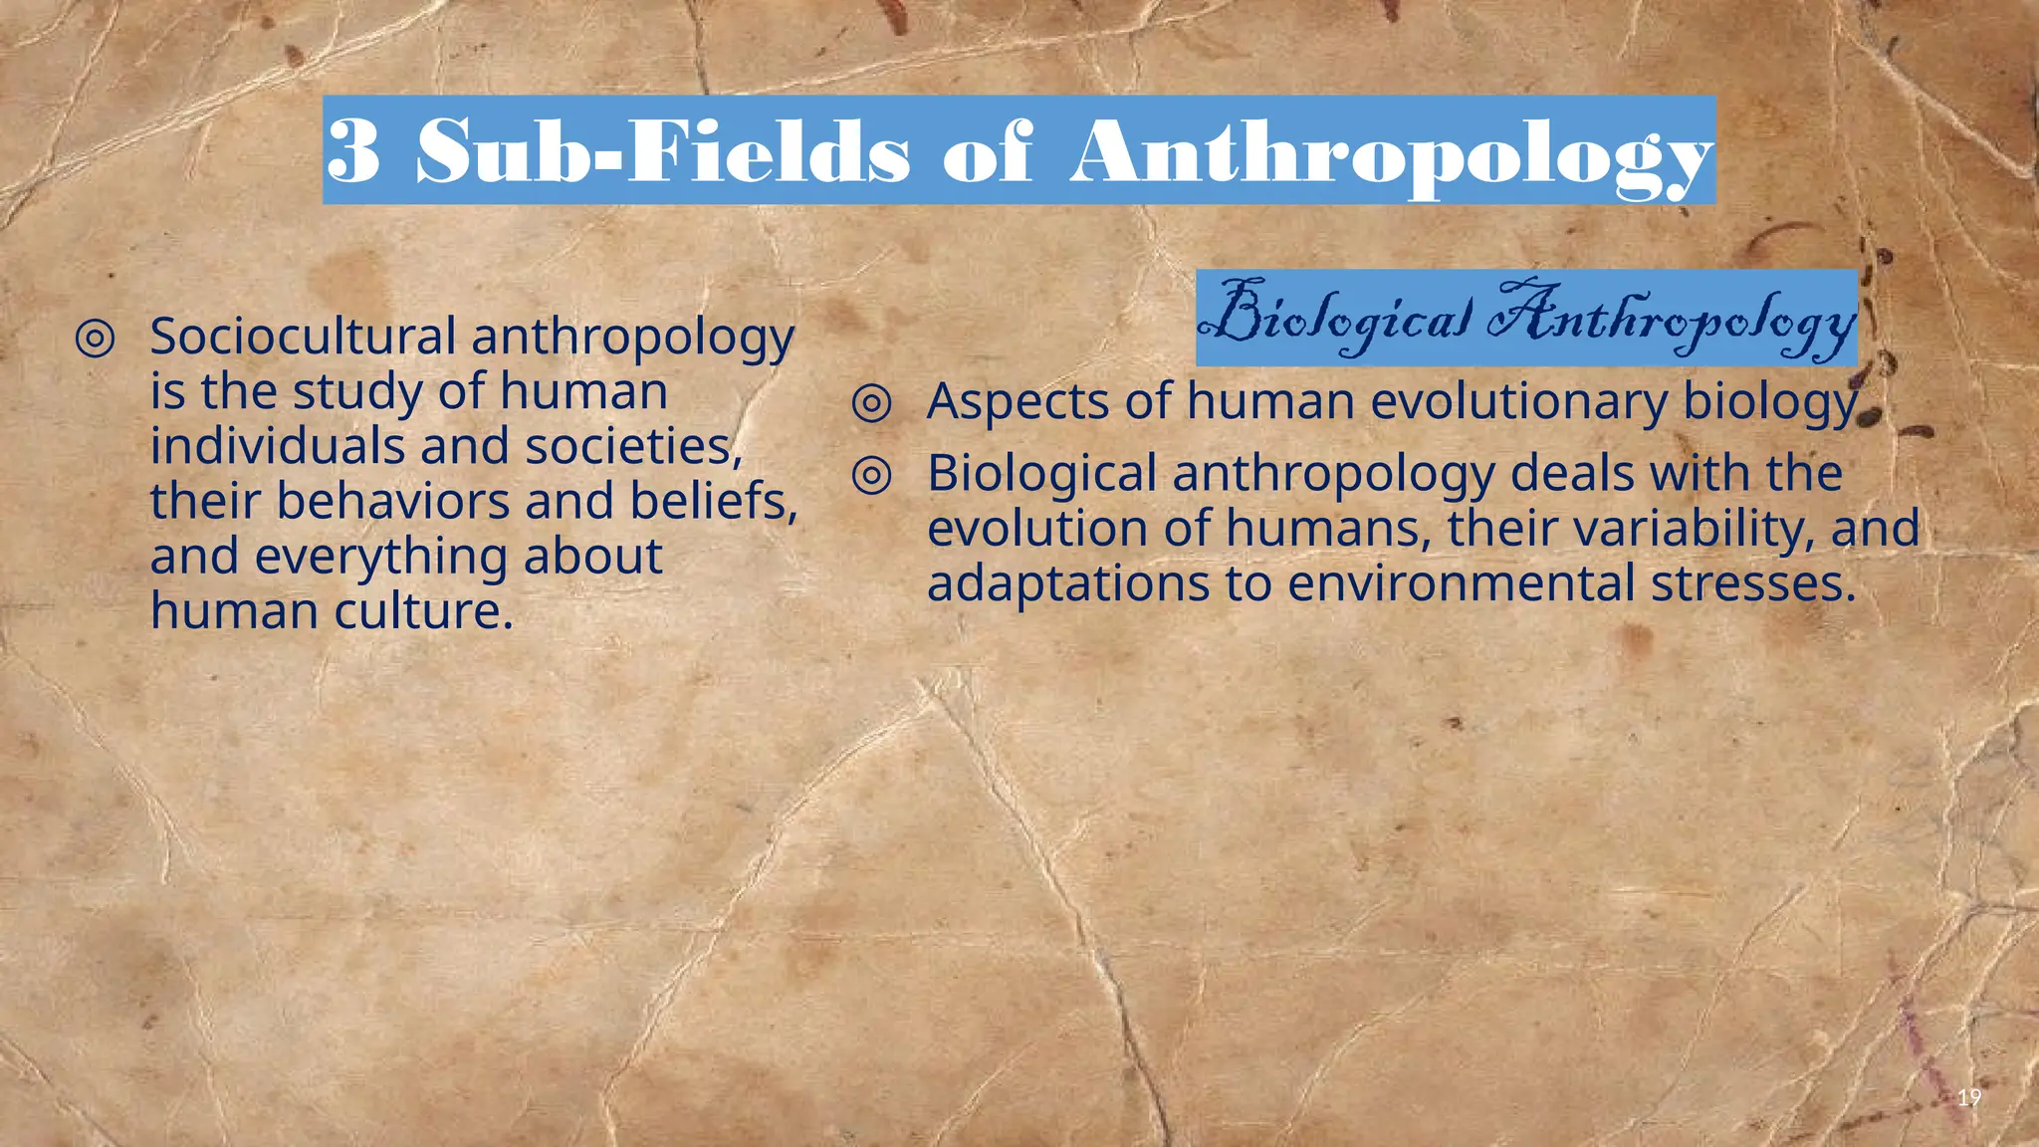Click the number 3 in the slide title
(x=353, y=151)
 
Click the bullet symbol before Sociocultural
(x=95, y=339)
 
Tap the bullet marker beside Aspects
(x=872, y=403)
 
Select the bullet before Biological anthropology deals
(x=872, y=475)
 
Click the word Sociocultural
(x=303, y=337)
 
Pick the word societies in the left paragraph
(x=633, y=446)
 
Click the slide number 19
(x=1968, y=1098)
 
